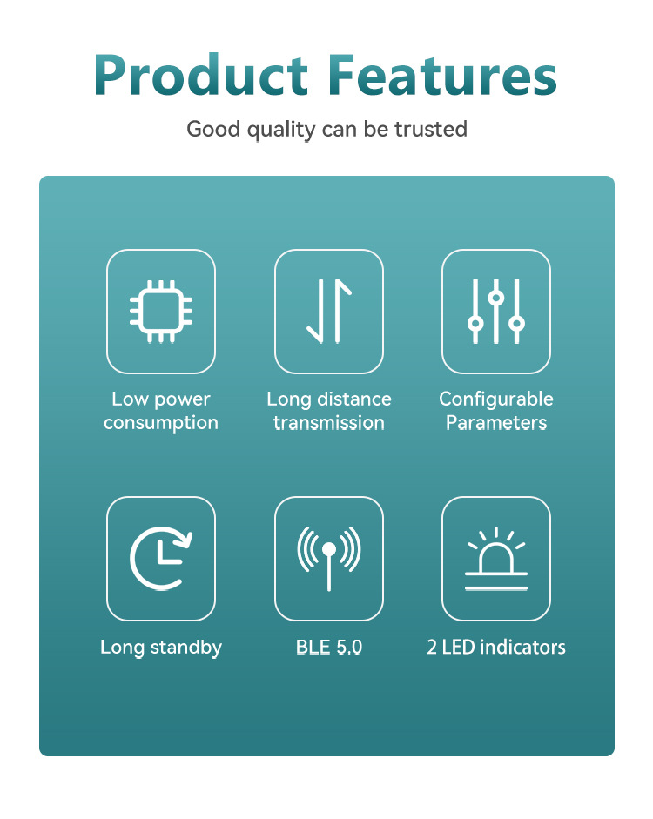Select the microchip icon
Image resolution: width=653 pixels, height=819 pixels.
tap(161, 312)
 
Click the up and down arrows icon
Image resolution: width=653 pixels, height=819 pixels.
tap(329, 312)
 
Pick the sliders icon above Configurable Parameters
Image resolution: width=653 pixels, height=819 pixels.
tap(496, 312)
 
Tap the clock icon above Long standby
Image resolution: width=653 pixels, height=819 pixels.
tap(161, 559)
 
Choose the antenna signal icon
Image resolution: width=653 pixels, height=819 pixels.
tap(329, 559)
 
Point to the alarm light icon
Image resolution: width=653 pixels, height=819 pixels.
tap(496, 559)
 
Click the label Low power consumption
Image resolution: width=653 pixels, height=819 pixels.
tap(161, 411)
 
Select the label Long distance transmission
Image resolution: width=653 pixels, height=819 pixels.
tap(329, 411)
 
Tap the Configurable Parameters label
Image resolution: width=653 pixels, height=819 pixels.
tap(496, 411)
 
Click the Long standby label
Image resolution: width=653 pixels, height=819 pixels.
tap(161, 648)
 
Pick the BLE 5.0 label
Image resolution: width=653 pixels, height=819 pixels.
tap(329, 648)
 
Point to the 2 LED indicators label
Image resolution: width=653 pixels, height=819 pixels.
tap(496, 648)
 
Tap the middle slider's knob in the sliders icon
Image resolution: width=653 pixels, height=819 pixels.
tap(496, 298)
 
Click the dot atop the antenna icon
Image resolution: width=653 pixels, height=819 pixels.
tap(329, 549)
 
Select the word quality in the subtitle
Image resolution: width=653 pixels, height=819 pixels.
tap(281, 130)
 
